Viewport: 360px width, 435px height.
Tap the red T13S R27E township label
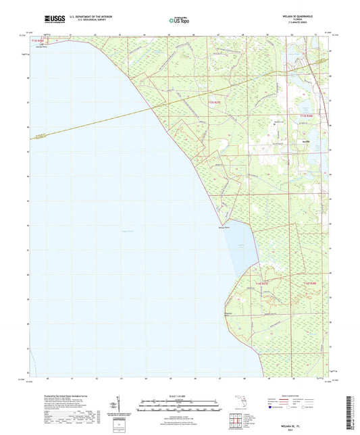pyautogui.click(x=213, y=102)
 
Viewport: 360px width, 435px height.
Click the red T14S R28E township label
pyautogui.click(x=310, y=282)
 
